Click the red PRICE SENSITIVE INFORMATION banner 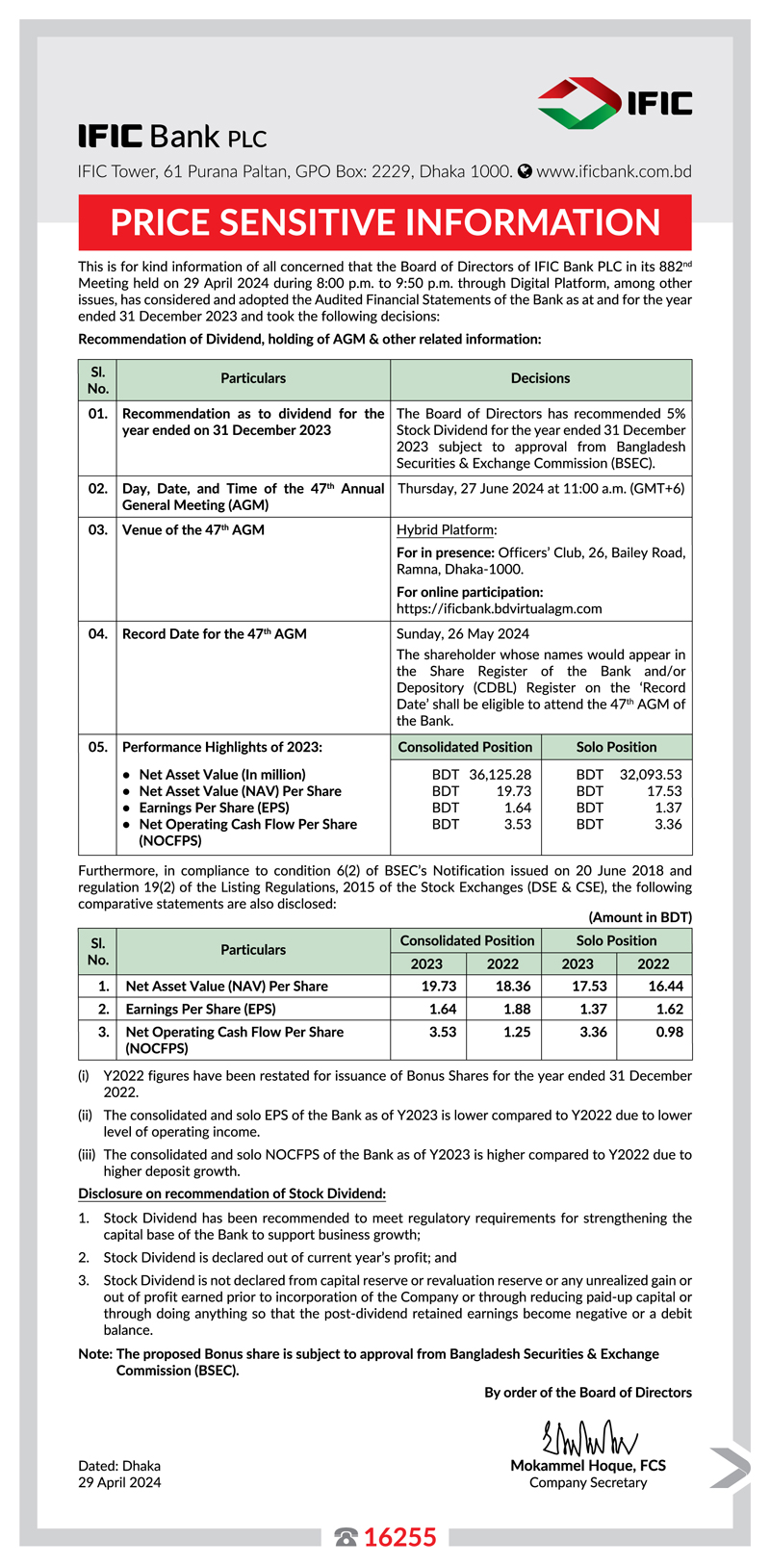385,222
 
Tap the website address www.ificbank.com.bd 613,171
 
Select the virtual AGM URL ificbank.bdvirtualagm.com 499,608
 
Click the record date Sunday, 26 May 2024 463,633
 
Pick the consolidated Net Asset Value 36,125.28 500,774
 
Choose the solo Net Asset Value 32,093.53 650,774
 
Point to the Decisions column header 540,378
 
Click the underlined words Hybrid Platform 446,529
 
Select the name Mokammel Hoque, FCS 587,1466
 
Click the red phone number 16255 399,1537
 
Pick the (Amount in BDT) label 639,917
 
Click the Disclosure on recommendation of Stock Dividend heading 232,1193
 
